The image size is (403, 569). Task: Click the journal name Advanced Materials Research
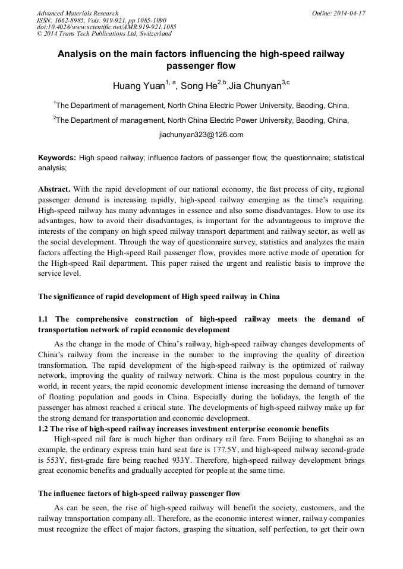tap(77, 13)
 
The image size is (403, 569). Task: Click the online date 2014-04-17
tap(350, 13)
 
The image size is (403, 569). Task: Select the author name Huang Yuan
tap(138, 86)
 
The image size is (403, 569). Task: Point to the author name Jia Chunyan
tap(254, 86)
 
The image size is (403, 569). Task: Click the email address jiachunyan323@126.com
tap(201, 135)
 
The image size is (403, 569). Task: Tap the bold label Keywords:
tap(57, 158)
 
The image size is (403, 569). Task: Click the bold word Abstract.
tap(54, 189)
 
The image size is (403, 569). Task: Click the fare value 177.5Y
tap(233, 450)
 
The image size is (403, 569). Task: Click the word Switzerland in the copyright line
tap(148, 34)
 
